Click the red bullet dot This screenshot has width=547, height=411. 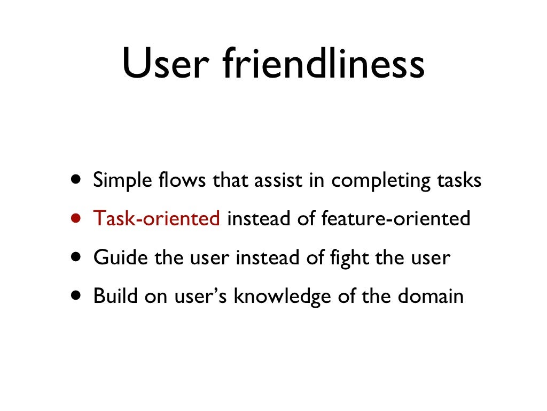pyautogui.click(x=78, y=218)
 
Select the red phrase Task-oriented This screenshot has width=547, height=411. pyautogui.click(x=157, y=218)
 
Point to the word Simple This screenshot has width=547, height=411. pyautogui.click(x=119, y=180)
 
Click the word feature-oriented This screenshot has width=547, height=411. pyautogui.click(x=396, y=218)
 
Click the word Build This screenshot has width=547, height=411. pyautogui.click(x=115, y=296)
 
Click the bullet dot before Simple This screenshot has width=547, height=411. pyautogui.click(x=78, y=180)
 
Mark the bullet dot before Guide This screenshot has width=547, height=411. pyautogui.click(x=78, y=257)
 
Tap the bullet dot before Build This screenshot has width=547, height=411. pyautogui.click(x=78, y=296)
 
